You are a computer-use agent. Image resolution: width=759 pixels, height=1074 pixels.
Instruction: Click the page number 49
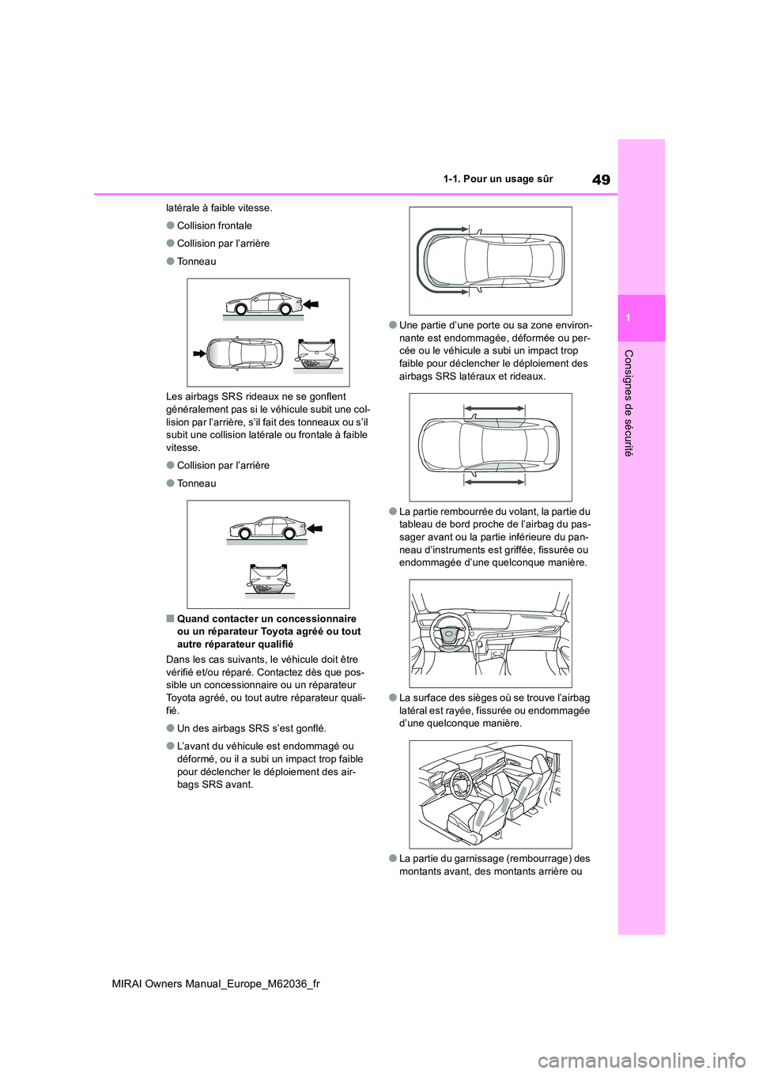click(x=600, y=179)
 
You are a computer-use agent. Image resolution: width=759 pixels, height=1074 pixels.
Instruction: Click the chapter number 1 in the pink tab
click(x=642, y=317)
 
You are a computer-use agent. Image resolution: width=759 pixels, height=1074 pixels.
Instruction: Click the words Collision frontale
click(x=214, y=225)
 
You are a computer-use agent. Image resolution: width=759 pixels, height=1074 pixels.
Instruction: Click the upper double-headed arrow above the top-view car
click(x=494, y=408)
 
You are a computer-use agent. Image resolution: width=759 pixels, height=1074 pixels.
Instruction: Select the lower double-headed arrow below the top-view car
click(x=494, y=480)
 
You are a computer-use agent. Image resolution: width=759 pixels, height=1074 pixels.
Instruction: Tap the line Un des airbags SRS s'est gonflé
click(x=251, y=728)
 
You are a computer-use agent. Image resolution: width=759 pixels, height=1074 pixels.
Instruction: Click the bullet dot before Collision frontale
click(x=170, y=225)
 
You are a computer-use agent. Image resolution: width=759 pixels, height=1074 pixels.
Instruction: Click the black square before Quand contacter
click(x=170, y=618)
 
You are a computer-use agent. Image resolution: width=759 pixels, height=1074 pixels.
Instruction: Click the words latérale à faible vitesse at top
click(x=219, y=208)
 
